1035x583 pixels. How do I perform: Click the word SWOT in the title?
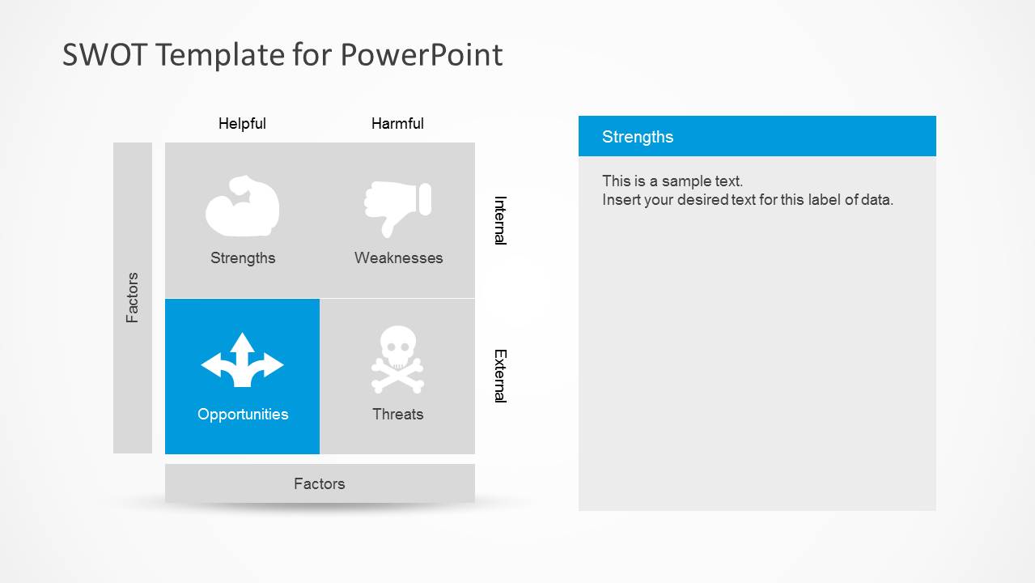(x=104, y=55)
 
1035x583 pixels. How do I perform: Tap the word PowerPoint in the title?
(x=421, y=55)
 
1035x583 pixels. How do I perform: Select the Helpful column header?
(x=242, y=124)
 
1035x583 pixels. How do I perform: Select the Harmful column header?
(x=397, y=124)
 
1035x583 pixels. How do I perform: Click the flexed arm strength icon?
(x=242, y=206)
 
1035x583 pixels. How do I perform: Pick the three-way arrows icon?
(x=242, y=360)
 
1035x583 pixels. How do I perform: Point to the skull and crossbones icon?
(x=397, y=360)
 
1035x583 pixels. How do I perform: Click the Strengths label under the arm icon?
(x=243, y=258)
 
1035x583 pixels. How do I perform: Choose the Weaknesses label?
(x=398, y=258)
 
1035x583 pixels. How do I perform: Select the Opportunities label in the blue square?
(x=243, y=415)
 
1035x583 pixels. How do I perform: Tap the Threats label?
(x=397, y=415)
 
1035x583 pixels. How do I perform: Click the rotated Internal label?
(x=500, y=219)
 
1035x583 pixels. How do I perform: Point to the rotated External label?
(x=500, y=376)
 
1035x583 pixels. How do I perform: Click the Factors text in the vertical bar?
(x=133, y=298)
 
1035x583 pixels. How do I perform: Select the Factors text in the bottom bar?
(x=319, y=484)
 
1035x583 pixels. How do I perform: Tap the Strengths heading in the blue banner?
(x=638, y=137)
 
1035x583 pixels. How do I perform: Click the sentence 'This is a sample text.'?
(x=672, y=181)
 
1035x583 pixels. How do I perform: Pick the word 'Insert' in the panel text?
(x=621, y=200)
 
